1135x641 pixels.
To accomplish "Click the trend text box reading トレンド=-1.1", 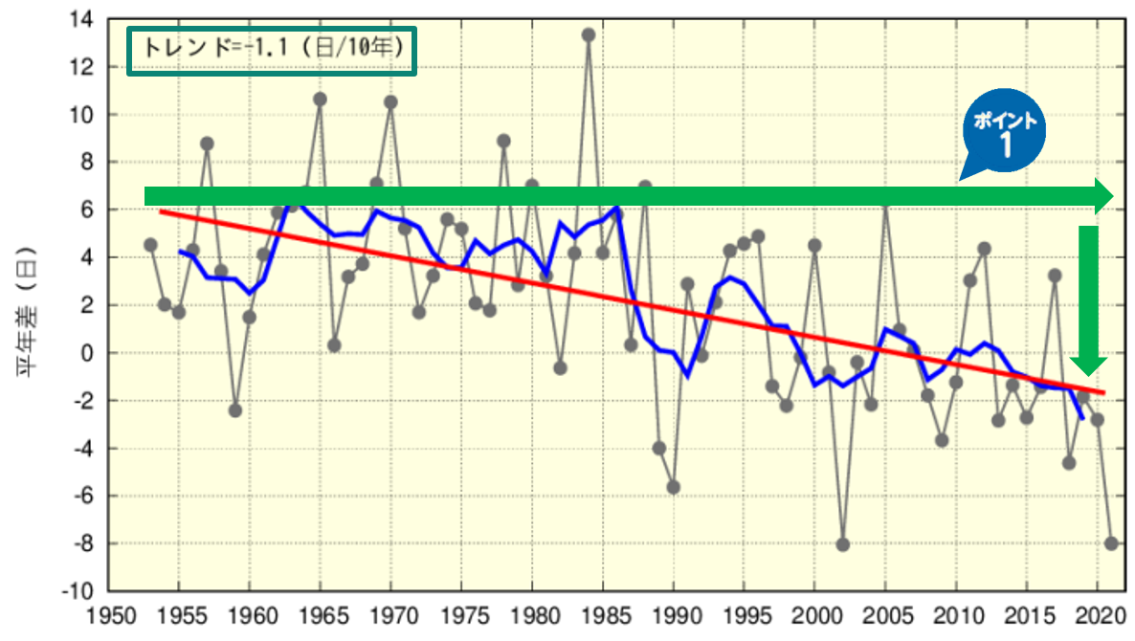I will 272,47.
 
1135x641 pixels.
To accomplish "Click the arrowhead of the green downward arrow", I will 1088,365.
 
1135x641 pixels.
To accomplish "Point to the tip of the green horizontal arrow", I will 1110,196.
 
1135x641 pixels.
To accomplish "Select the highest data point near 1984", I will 589,34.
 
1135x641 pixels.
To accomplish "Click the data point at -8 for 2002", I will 843,544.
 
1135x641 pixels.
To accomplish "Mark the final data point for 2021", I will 1112,543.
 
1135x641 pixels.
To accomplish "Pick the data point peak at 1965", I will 320,99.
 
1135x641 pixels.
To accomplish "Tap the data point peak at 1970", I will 390,102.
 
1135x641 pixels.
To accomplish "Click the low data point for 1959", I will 235,410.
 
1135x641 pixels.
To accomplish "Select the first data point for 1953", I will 150,245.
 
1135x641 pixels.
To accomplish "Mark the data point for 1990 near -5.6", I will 674,487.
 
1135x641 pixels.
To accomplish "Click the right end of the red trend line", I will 1103,392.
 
